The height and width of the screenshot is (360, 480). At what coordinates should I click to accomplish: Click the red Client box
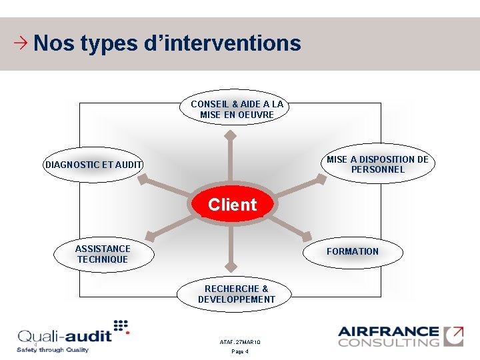pyautogui.click(x=231, y=205)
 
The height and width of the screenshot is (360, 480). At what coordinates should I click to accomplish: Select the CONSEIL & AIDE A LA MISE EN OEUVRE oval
pyautogui.click(x=237, y=109)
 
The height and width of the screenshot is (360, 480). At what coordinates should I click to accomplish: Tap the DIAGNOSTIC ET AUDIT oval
pyautogui.click(x=93, y=165)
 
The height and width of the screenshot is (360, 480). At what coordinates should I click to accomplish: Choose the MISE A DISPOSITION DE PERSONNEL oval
pyautogui.click(x=378, y=164)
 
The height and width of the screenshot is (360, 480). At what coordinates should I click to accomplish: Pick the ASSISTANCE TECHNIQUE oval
pyautogui.click(x=103, y=254)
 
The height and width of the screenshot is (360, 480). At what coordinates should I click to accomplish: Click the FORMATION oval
pyautogui.click(x=353, y=252)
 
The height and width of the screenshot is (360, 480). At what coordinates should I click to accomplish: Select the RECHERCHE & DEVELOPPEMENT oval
pyautogui.click(x=236, y=294)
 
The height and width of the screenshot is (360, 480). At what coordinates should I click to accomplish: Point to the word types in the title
pyautogui.click(x=108, y=44)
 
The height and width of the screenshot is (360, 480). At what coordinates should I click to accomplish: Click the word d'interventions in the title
pyautogui.click(x=223, y=44)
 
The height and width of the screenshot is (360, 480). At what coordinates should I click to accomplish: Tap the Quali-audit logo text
pyautogui.click(x=64, y=336)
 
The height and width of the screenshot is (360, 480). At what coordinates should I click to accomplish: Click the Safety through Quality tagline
pyautogui.click(x=53, y=350)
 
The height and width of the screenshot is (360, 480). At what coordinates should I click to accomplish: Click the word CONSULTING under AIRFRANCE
pyautogui.click(x=389, y=343)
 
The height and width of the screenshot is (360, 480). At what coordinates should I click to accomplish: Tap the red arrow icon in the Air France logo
pyautogui.click(x=454, y=335)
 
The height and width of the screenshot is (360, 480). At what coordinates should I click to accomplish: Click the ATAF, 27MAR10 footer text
pyautogui.click(x=240, y=342)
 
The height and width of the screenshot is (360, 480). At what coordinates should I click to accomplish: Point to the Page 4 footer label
pyautogui.click(x=240, y=351)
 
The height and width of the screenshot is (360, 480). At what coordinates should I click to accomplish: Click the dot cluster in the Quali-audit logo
pyautogui.click(x=121, y=326)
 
